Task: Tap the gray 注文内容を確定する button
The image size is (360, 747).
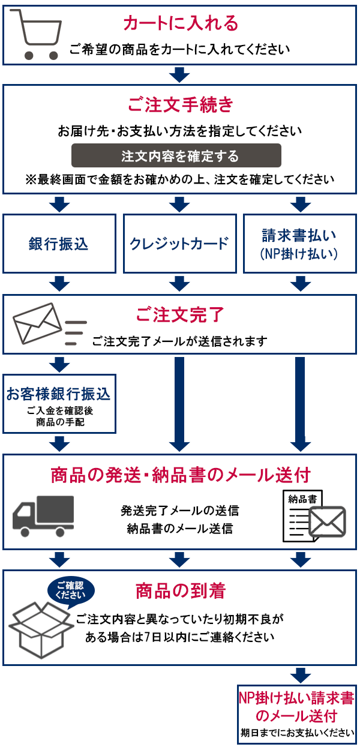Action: pyautogui.click(x=176, y=156)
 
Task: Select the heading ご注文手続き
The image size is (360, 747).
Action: pyautogui.click(x=180, y=104)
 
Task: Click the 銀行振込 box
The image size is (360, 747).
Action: pyautogui.click(x=59, y=243)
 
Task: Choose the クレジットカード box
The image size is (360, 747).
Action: pyautogui.click(x=179, y=243)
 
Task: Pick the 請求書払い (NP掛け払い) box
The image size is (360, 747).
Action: pyautogui.click(x=300, y=243)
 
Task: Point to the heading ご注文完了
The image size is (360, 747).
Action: pyautogui.click(x=180, y=314)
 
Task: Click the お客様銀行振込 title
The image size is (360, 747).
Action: pyautogui.click(x=59, y=394)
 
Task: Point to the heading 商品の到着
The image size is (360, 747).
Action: pyautogui.click(x=180, y=591)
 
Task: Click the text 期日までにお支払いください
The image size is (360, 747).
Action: pyautogui.click(x=297, y=733)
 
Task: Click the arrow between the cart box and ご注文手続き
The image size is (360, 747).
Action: pyautogui.click(x=179, y=75)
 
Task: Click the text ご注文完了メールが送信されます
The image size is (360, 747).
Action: pyautogui.click(x=179, y=341)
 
